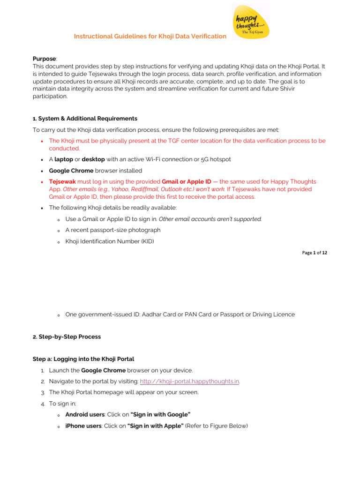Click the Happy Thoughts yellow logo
tap(251, 22)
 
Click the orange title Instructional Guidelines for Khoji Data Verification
tap(150, 37)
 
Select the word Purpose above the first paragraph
tap(44, 59)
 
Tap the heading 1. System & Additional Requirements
tap(85, 119)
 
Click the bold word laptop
tap(64, 159)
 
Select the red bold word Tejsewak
tap(62, 181)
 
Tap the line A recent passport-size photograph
tap(113, 230)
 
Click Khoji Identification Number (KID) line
tap(110, 241)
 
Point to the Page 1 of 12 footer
tap(315, 253)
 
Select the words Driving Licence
tap(274, 315)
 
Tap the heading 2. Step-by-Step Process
tap(67, 337)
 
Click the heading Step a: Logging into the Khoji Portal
tap(83, 359)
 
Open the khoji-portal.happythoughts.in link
tap(190, 382)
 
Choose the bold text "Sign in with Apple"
tap(155, 426)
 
